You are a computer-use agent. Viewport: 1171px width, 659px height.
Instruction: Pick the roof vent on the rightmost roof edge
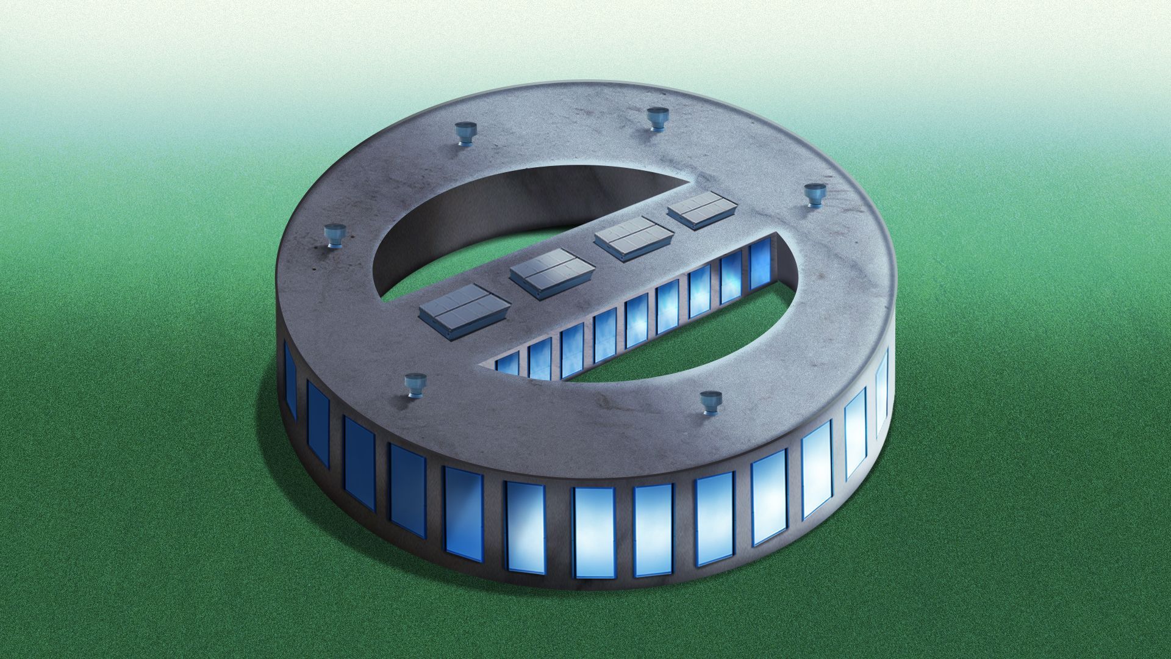point(814,195)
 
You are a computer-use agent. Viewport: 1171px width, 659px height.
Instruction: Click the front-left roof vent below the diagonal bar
point(417,386)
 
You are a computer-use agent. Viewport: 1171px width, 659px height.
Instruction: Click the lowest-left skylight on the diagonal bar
point(464,308)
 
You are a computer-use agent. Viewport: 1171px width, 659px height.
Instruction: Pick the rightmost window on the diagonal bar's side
point(759,264)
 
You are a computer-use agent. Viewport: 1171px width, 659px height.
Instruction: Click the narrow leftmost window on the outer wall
point(290,379)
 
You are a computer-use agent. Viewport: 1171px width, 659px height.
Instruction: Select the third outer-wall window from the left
point(359,462)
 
